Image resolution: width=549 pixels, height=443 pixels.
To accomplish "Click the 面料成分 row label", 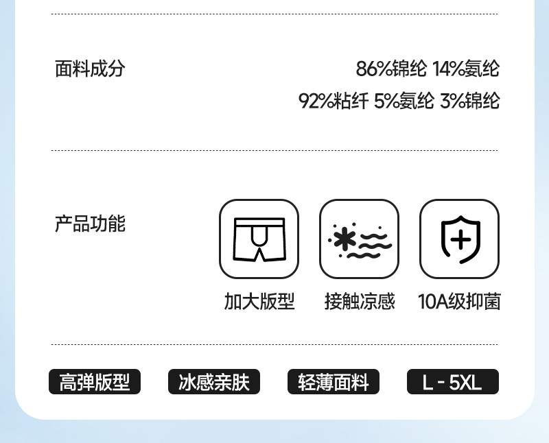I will [x=90, y=69].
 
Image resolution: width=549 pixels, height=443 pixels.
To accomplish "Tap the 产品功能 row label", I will [x=90, y=224].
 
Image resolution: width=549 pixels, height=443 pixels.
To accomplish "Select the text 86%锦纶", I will [x=391, y=69].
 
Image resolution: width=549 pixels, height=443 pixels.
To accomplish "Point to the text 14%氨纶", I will [x=466, y=69].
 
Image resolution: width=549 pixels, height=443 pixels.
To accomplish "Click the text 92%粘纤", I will [x=334, y=101].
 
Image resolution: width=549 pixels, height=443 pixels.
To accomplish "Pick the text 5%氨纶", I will [x=404, y=101].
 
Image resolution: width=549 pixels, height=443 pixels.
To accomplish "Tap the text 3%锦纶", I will [x=470, y=101].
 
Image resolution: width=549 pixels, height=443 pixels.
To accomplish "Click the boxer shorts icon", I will [x=259, y=239].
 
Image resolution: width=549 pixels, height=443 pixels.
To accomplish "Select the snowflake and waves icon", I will [x=359, y=239].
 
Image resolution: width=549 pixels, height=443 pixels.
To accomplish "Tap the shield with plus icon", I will [x=459, y=239].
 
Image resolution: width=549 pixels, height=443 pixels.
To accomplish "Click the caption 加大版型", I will [x=259, y=302].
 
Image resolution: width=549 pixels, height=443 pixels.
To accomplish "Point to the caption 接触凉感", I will [x=360, y=302].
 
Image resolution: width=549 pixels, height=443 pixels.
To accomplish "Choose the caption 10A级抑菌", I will [x=459, y=302].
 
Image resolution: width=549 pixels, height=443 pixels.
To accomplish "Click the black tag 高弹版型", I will [x=94, y=382].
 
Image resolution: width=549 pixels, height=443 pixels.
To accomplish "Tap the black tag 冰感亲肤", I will [x=214, y=382].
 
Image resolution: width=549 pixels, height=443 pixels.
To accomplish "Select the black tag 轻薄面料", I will [x=334, y=382].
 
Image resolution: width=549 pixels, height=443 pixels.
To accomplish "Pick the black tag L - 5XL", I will [x=452, y=382].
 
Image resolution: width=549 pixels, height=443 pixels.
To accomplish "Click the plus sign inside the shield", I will [x=460, y=240].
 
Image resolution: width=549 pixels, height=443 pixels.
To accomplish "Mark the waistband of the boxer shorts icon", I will [x=259, y=222].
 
